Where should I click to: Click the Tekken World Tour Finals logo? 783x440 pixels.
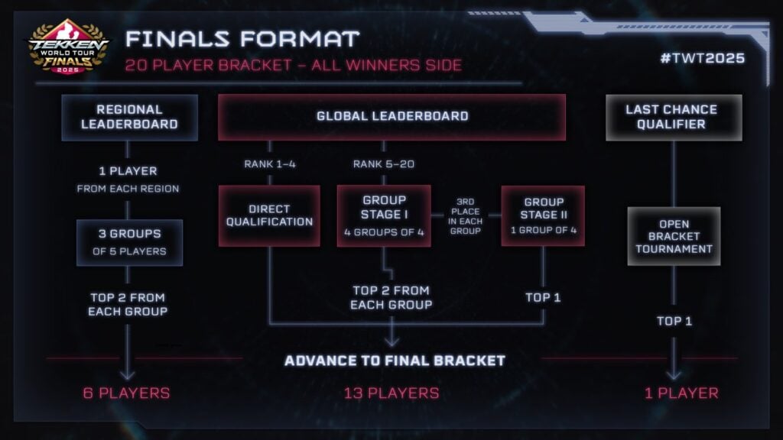(x=68, y=47)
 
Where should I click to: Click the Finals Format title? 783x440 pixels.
(x=242, y=38)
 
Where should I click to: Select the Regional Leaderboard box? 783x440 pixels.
(x=129, y=117)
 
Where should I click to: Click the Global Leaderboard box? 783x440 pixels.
(x=391, y=117)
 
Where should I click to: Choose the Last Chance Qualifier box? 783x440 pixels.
(x=674, y=117)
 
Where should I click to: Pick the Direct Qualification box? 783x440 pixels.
(x=269, y=215)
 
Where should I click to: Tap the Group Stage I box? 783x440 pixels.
(x=384, y=215)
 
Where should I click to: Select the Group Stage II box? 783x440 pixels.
(x=543, y=215)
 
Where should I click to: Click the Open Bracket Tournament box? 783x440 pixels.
(x=674, y=236)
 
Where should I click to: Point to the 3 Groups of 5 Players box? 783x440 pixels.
(x=129, y=243)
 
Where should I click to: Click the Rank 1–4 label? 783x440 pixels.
(x=269, y=164)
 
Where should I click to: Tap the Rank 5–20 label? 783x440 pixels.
(x=384, y=164)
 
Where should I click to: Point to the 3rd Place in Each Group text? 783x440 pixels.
(x=466, y=215)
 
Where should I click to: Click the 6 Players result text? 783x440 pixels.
(x=127, y=393)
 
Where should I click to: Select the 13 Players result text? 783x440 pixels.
(x=391, y=393)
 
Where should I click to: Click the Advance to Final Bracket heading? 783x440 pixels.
(x=395, y=360)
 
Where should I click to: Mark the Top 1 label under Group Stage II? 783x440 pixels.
(x=543, y=297)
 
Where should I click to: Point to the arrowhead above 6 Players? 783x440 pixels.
(x=128, y=374)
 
